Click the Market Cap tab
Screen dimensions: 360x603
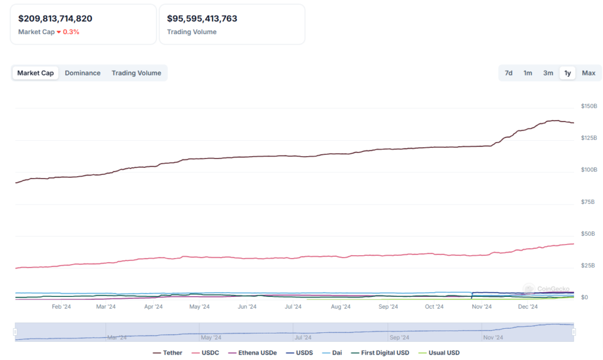point(35,73)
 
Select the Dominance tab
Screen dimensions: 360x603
point(82,73)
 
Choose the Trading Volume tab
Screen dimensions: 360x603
point(136,73)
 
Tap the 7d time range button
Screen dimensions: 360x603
point(508,73)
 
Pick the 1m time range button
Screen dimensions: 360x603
point(528,73)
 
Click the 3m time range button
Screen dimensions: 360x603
point(548,73)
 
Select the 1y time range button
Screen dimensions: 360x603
point(568,73)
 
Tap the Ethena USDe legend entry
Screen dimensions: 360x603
point(257,353)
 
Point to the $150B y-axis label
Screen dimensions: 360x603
point(589,106)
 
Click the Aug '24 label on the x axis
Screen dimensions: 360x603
point(340,306)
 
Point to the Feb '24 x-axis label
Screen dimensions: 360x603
point(61,306)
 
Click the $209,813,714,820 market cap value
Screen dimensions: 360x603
point(55,19)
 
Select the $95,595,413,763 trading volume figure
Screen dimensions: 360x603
point(202,19)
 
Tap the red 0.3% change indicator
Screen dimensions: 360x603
point(71,32)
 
